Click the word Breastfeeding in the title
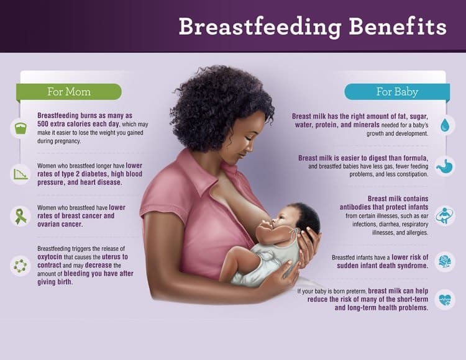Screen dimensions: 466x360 tap(260, 27)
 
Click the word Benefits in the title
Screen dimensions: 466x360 tap(398, 27)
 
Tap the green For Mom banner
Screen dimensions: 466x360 tap(69, 92)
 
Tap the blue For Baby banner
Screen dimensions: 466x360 tap(397, 92)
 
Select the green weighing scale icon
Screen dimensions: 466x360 tap(21, 128)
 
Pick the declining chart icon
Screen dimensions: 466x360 tap(21, 174)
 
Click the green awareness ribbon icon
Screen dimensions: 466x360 tap(21, 217)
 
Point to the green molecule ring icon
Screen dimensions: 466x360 tap(21, 266)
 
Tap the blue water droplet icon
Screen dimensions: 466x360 tap(445, 125)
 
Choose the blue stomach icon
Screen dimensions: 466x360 tap(445, 166)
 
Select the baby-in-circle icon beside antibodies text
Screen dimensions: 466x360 tap(445, 216)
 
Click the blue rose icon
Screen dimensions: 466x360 tap(445, 261)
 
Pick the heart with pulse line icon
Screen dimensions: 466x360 tap(445, 299)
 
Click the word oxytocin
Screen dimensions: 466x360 tap(50, 257)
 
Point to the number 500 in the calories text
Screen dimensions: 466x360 tap(43, 124)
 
